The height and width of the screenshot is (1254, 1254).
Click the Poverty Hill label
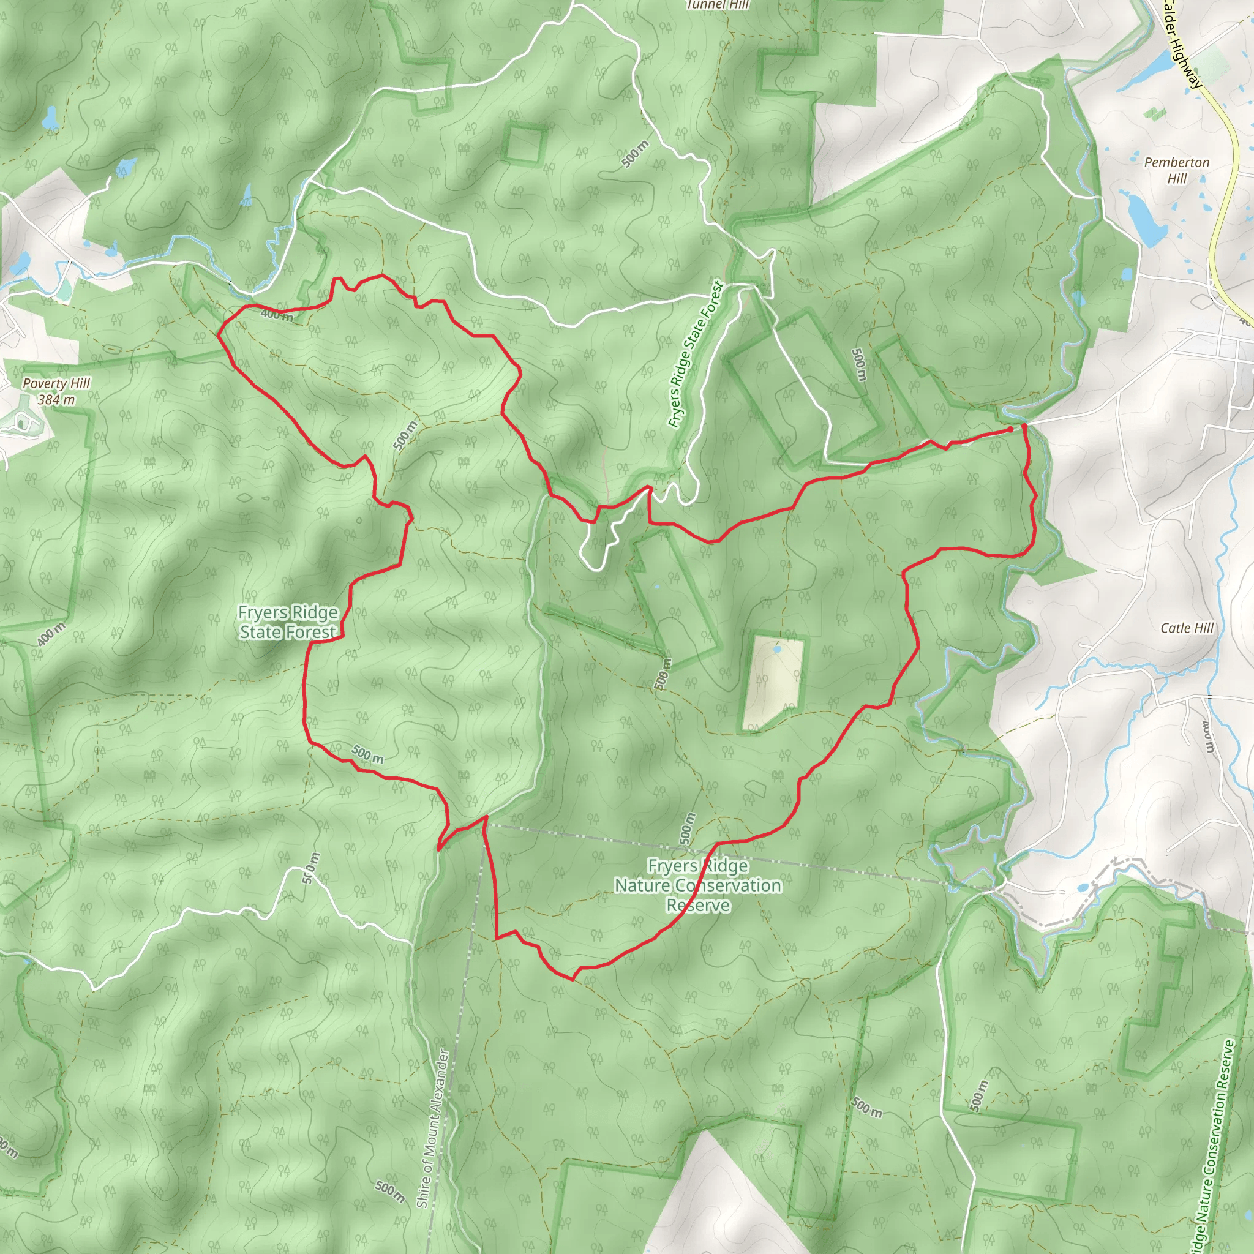(x=56, y=383)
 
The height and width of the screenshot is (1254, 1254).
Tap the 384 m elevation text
(x=56, y=400)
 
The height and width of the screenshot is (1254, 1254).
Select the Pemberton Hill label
(x=1176, y=170)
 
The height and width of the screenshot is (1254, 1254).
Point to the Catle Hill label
(x=1187, y=628)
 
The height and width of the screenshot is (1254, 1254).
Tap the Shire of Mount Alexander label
(x=433, y=1128)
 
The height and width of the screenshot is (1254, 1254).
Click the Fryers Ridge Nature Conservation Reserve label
(x=698, y=885)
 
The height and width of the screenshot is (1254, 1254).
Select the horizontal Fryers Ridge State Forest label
(x=288, y=622)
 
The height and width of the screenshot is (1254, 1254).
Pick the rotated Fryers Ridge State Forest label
(x=695, y=355)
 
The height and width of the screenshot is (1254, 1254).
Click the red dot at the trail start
(x=1010, y=429)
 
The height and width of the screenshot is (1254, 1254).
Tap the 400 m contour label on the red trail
(x=277, y=315)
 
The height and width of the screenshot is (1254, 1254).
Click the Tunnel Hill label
(x=717, y=4)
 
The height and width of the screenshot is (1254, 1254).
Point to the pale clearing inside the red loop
(x=772, y=681)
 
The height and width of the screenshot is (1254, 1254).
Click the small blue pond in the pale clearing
(x=777, y=648)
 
